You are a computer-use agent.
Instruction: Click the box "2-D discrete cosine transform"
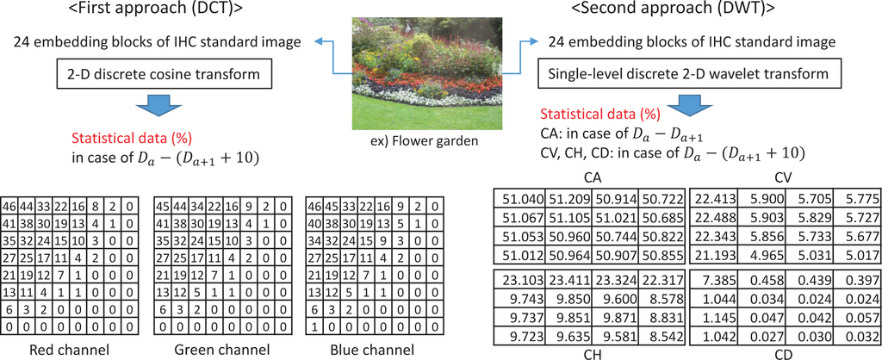click(157, 74)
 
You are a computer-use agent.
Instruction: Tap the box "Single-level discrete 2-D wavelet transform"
click(685, 74)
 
